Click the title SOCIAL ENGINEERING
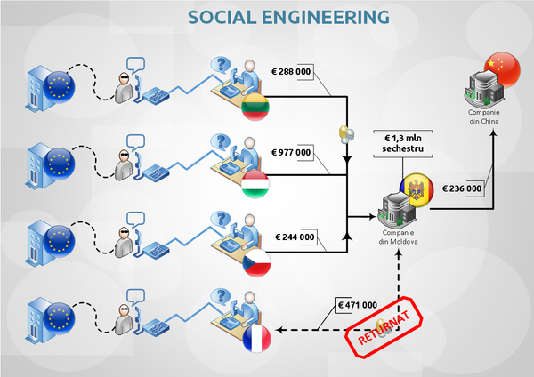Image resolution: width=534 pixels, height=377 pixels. (277, 17)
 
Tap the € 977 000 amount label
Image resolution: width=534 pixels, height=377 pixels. (293, 152)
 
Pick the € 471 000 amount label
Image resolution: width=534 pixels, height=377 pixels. (358, 305)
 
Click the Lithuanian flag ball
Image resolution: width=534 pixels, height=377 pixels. (256, 106)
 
